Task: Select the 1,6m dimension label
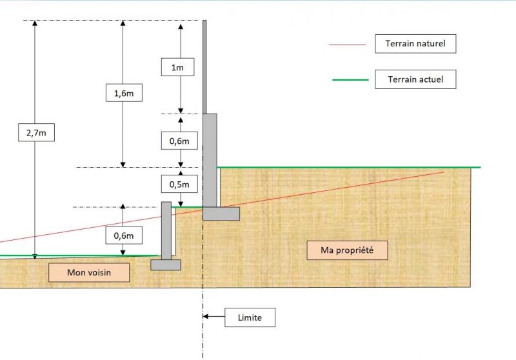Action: pos(123,93)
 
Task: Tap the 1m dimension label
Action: pos(177,66)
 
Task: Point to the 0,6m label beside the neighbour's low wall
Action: pos(123,235)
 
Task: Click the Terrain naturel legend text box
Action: pos(415,44)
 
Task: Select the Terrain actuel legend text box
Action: pos(415,79)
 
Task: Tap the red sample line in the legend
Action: pos(348,45)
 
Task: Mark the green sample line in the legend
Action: pos(350,80)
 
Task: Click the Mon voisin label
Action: pos(89,273)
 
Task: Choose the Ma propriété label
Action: pos(347,250)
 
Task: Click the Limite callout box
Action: pos(250,317)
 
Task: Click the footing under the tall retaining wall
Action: pos(221,214)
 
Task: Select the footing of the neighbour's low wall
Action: pos(166,264)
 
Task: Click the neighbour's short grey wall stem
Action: pos(166,229)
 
